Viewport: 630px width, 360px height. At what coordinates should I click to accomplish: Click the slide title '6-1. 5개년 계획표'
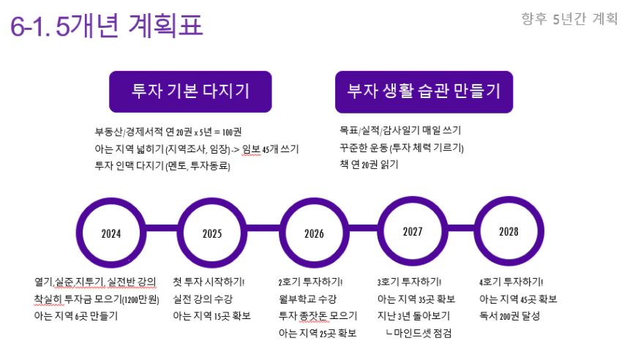coord(107,25)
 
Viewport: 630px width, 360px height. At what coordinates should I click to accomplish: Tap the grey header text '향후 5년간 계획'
coord(569,18)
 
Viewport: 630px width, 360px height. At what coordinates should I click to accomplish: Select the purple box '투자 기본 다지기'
coord(190,91)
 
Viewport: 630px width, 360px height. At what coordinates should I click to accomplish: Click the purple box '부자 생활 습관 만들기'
coord(424,92)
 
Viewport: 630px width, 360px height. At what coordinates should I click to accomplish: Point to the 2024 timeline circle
coord(111,233)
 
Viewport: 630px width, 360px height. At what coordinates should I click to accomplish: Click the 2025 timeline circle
coord(212,233)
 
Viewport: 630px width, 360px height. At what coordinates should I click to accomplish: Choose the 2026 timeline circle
coord(314,233)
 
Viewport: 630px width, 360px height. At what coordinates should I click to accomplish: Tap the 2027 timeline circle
coord(413,231)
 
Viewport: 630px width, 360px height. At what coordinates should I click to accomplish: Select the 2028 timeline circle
coord(509,231)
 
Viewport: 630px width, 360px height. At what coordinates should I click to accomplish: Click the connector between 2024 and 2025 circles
coord(162,228)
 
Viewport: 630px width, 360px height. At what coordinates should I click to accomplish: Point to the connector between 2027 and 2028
coord(461,228)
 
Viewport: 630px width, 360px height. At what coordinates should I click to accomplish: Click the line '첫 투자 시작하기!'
coord(209,282)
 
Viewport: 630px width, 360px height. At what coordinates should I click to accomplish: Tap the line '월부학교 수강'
coord(308,299)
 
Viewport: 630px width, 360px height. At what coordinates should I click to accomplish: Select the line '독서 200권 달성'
coord(509,316)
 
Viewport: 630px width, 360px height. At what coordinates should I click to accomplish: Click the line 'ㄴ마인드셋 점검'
coord(419,333)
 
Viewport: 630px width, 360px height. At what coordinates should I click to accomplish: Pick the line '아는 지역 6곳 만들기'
coord(76,316)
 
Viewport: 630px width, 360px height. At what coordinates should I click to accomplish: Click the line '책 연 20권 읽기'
coord(369,165)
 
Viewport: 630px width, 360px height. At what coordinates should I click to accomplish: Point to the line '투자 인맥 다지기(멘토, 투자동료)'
coord(162,165)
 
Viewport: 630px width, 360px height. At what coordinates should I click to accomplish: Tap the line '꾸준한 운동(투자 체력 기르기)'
coord(402,148)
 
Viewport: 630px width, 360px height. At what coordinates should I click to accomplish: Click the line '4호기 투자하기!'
coord(511,282)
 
